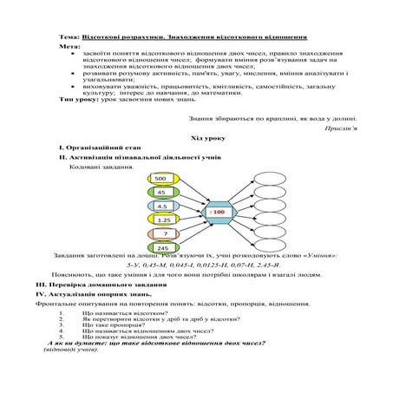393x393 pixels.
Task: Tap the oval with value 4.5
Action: coord(160,206)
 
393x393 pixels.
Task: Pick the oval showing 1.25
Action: coord(162,220)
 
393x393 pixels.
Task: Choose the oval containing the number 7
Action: coord(162,234)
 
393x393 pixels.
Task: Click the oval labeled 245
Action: coord(162,248)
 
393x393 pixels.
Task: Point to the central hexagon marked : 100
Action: coord(218,212)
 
